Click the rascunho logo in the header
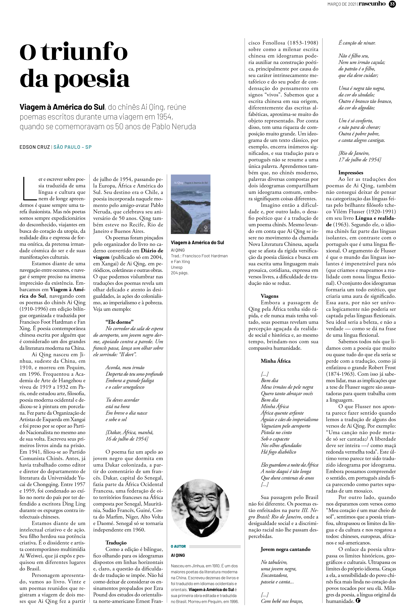tap(372, 4)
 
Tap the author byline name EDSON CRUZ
tap(35, 147)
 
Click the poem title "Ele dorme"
tap(119, 322)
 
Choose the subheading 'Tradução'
tap(116, 543)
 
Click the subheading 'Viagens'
tap(269, 296)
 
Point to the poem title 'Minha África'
tap(275, 361)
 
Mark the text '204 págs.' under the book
tap(179, 273)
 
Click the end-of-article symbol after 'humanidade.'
tap(358, 600)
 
